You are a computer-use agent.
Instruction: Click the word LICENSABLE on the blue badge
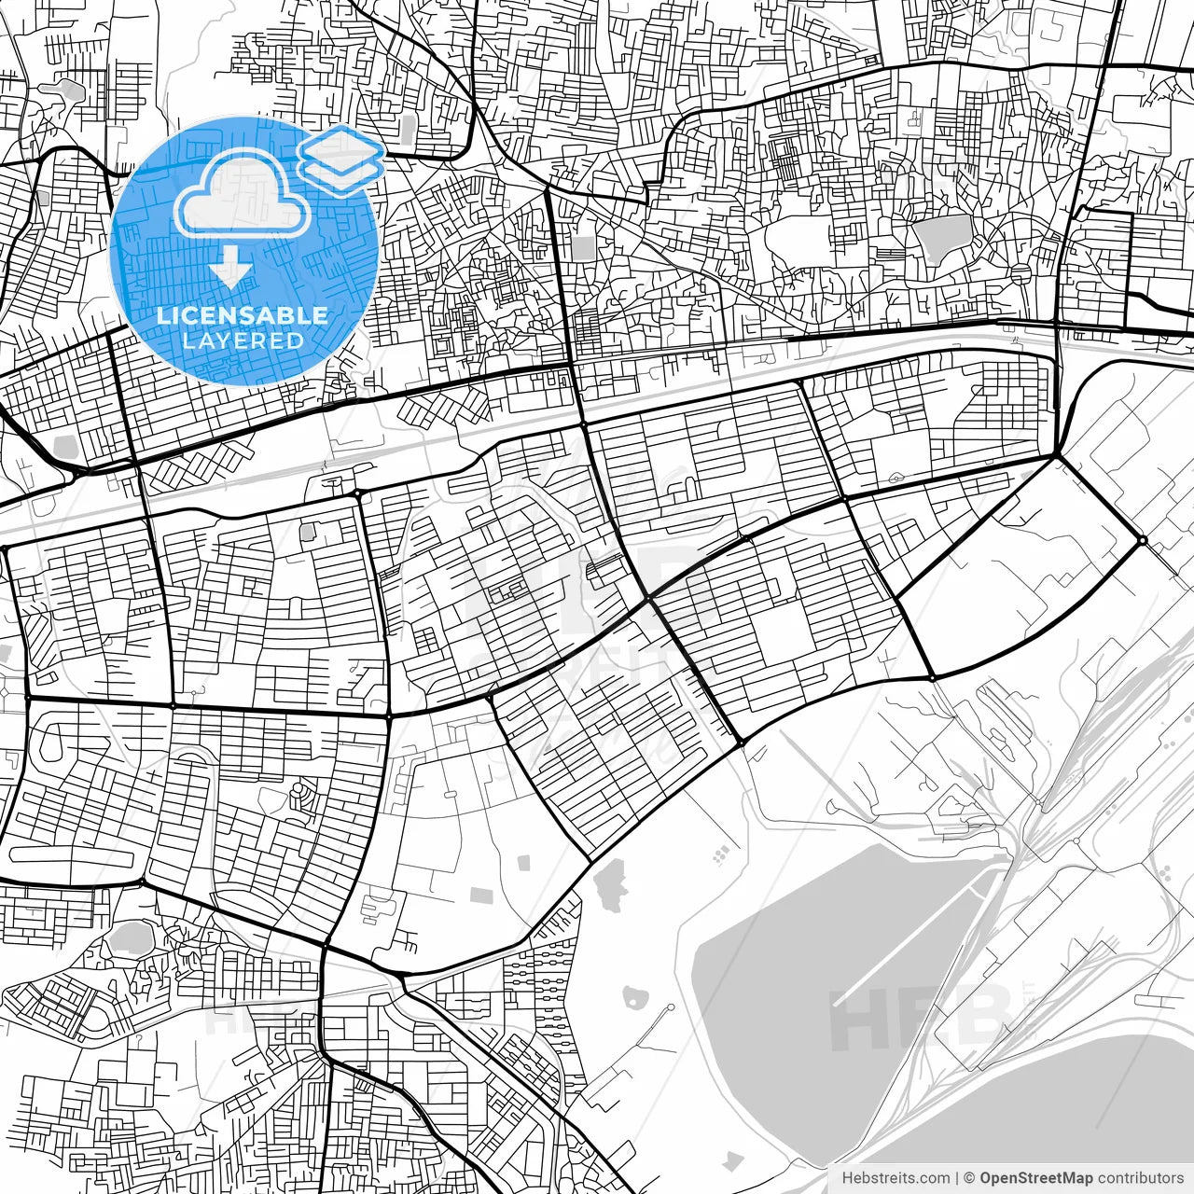tap(243, 315)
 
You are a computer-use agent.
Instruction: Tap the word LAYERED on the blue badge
tap(243, 340)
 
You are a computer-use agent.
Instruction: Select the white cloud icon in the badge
tap(244, 193)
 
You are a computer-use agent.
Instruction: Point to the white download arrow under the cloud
tap(231, 270)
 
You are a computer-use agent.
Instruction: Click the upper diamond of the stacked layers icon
tap(340, 146)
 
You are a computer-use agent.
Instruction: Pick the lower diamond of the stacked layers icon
tap(341, 170)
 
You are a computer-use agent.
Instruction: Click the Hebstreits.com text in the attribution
tap(896, 1178)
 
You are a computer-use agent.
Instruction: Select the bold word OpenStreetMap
tap(1035, 1178)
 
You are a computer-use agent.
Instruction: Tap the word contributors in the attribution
tap(1139, 1178)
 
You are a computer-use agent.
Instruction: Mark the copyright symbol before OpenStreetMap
tap(970, 1178)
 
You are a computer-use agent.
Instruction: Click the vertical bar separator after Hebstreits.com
tap(958, 1178)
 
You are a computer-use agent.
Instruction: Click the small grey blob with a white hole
tap(636, 996)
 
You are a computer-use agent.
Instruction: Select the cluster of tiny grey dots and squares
tap(721, 854)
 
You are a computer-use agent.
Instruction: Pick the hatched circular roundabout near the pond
tap(1021, 272)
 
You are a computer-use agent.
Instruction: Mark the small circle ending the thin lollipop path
tap(669, 1009)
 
